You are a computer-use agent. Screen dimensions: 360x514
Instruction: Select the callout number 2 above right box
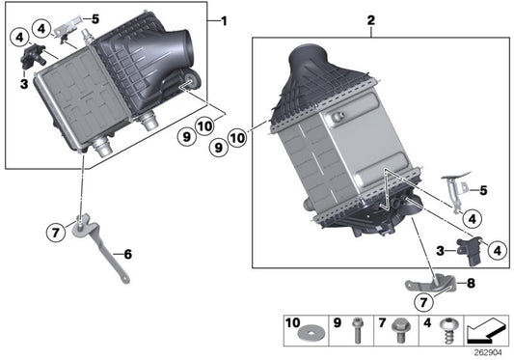(x=372, y=20)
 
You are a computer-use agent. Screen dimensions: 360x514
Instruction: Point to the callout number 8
(x=471, y=284)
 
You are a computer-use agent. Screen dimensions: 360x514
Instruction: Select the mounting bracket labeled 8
(x=430, y=286)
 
